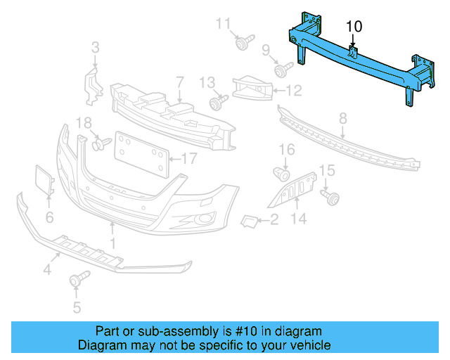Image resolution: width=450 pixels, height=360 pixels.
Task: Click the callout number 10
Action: point(354,26)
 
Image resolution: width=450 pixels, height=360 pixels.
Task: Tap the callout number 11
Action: point(223,24)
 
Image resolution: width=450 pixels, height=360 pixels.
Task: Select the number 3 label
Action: point(95,48)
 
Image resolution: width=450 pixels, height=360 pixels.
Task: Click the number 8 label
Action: point(343,118)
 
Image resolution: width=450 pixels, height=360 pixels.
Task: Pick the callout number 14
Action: point(300,219)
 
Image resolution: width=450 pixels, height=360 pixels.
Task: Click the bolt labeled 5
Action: point(76,281)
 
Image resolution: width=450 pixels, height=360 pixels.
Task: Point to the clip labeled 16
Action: point(282,173)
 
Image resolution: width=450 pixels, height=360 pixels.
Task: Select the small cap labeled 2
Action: point(250,221)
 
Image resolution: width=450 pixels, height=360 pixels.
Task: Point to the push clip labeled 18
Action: point(98,144)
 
